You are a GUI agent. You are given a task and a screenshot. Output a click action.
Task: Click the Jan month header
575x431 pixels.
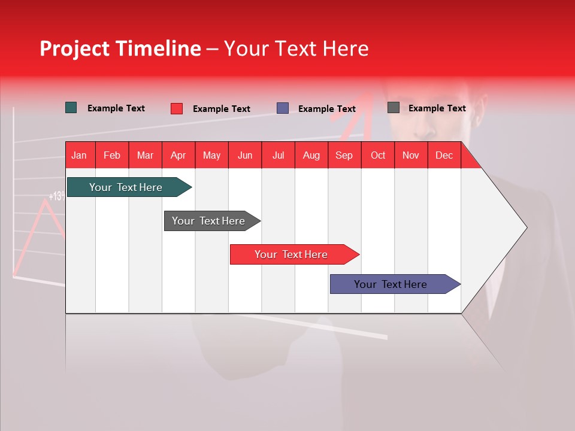[x=79, y=155]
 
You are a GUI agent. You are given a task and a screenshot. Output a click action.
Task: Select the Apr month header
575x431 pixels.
[x=178, y=155]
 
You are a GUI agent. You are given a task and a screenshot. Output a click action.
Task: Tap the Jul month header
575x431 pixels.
[x=278, y=155]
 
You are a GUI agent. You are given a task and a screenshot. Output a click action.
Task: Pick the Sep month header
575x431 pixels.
[x=344, y=155]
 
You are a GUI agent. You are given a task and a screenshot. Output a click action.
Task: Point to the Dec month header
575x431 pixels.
[x=444, y=155]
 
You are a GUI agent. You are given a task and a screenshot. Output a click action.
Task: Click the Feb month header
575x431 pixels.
[x=112, y=155]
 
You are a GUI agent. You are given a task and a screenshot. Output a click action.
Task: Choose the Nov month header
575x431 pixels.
[x=410, y=155]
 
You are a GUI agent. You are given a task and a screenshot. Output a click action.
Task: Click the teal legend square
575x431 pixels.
[x=71, y=108]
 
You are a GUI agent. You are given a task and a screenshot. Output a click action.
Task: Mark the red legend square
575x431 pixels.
[x=177, y=108]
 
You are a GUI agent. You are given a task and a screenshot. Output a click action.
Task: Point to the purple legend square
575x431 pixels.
[x=283, y=108]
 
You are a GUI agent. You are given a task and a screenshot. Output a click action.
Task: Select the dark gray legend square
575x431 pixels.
[x=394, y=108]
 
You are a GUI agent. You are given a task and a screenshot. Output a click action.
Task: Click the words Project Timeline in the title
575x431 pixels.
[x=120, y=48]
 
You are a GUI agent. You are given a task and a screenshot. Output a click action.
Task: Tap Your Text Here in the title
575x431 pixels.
[x=296, y=48]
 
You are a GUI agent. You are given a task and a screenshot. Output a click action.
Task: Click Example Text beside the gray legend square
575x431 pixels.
[x=437, y=108]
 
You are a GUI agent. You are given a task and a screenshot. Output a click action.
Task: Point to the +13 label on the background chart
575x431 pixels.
[x=57, y=196]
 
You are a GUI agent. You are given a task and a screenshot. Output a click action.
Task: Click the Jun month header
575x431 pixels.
[x=245, y=155]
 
